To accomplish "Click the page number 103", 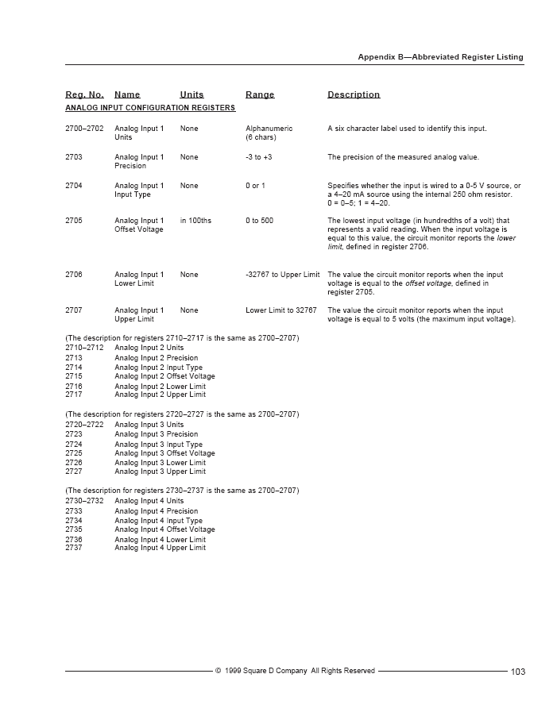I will click(x=518, y=672).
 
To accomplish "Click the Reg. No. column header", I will click(x=84, y=94).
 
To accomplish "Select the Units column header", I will click(x=191, y=94).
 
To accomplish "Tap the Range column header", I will click(x=260, y=94).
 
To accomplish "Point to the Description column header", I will click(x=354, y=94).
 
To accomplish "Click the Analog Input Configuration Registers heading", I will click(x=150, y=107).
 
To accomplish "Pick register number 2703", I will click(x=74, y=157).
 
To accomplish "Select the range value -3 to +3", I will click(x=259, y=157).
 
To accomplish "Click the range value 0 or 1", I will click(x=256, y=186).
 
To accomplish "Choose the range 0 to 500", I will click(x=259, y=221).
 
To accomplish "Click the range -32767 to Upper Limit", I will click(x=282, y=275).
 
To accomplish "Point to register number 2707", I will click(x=74, y=310).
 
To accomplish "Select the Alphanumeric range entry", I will click(x=269, y=129).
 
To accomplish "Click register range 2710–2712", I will click(x=84, y=348).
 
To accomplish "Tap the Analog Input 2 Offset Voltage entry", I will click(x=164, y=376).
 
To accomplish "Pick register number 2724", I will click(x=74, y=445).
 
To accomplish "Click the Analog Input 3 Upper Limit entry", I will click(x=160, y=472).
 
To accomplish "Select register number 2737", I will click(x=74, y=548).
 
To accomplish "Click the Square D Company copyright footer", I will click(x=295, y=671).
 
